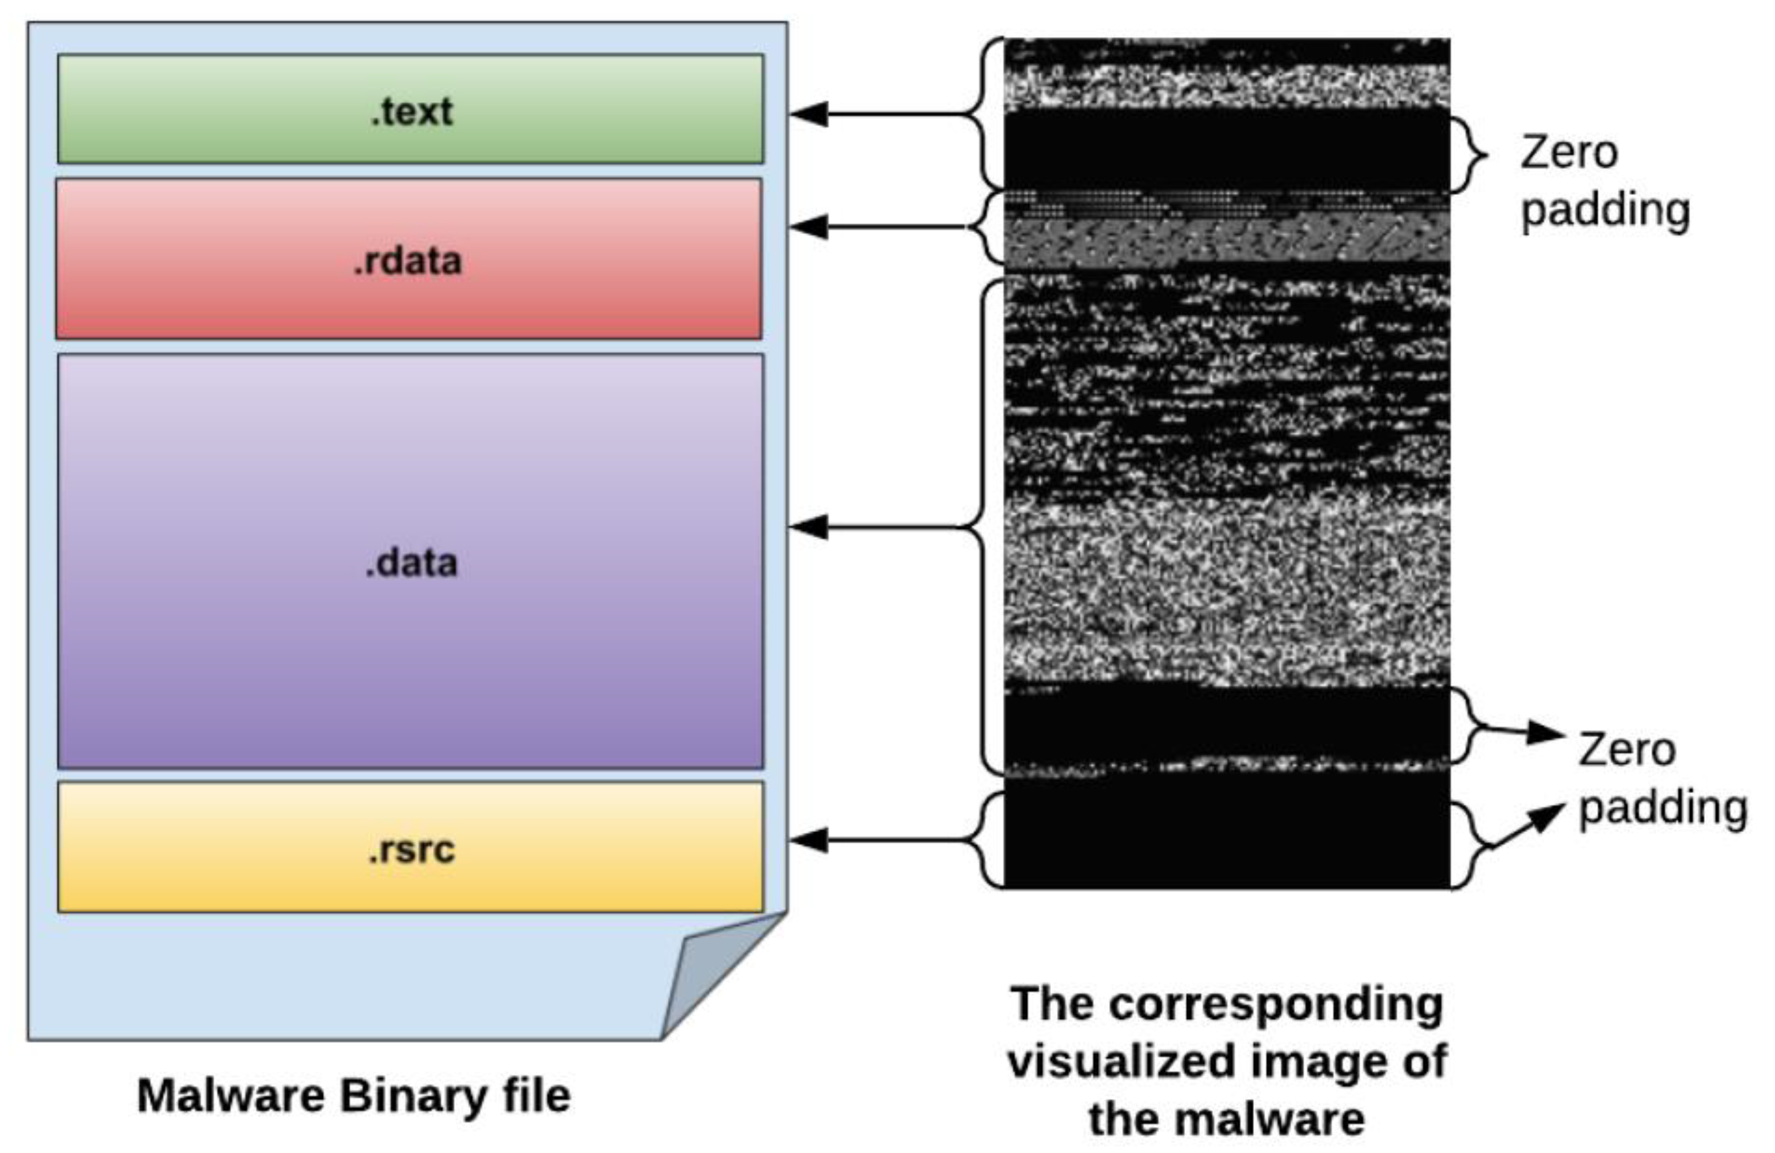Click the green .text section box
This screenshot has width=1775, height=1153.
410,109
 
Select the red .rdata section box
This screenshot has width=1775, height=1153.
408,258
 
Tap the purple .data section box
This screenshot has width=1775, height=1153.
410,561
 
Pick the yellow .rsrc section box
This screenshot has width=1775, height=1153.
410,847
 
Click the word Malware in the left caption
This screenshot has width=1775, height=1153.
232,1097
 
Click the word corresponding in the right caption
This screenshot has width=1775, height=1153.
1275,1004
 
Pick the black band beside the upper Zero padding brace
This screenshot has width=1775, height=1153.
1227,149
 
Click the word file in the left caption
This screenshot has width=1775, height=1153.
536,1097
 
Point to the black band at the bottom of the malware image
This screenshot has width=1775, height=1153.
1227,835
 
